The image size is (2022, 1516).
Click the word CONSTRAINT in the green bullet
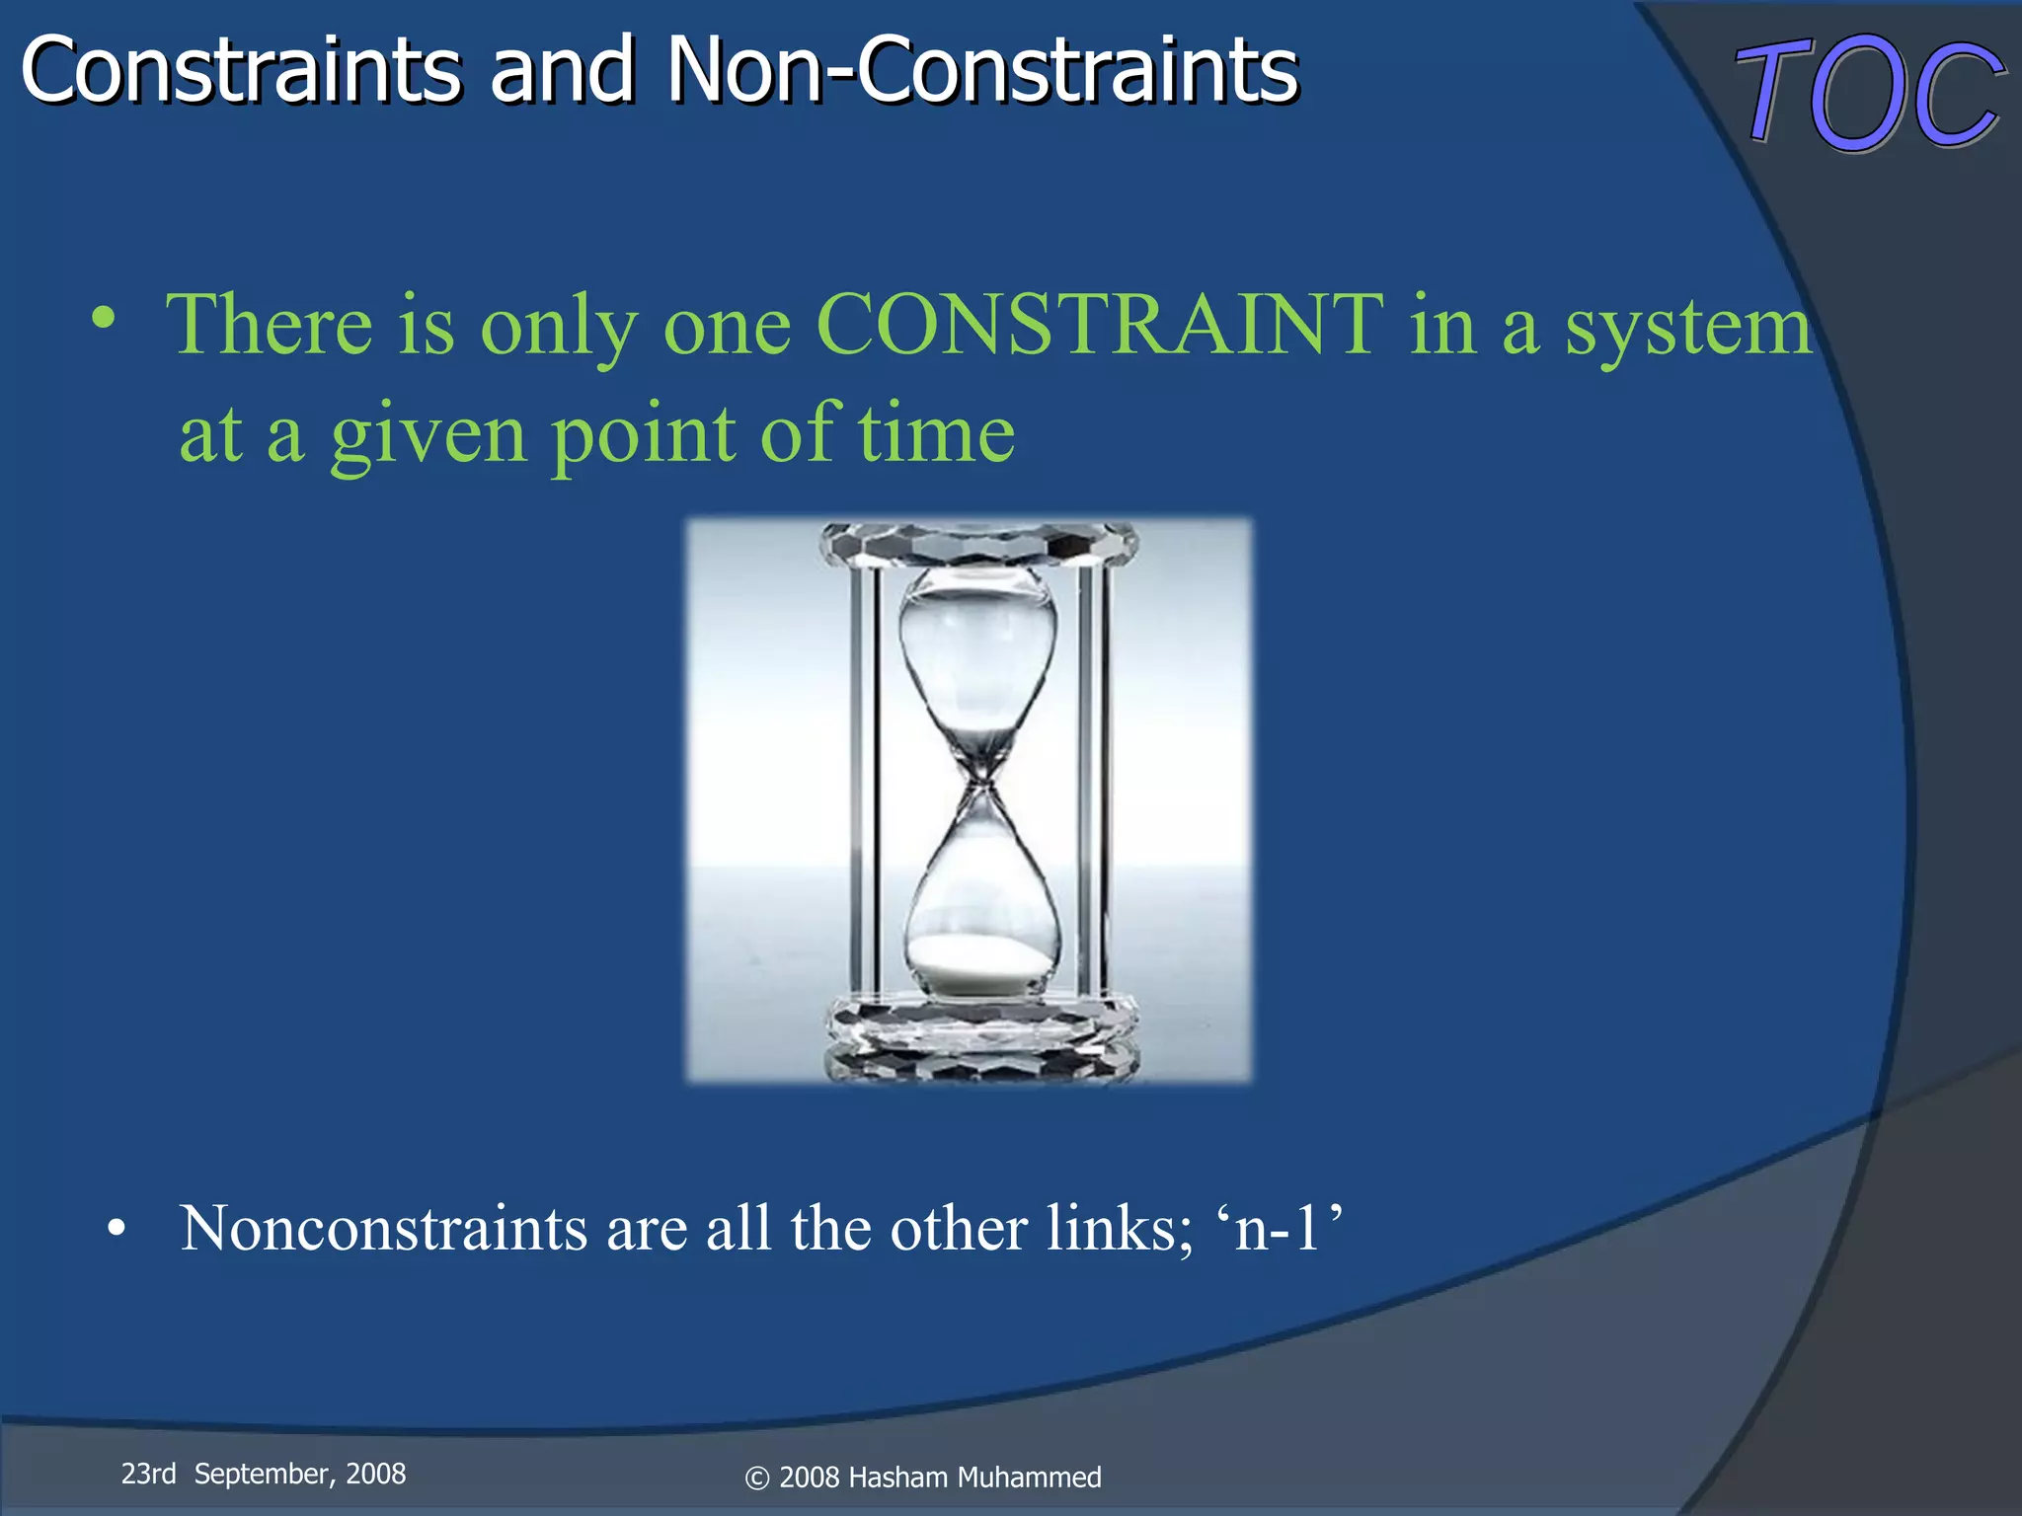(x=1099, y=325)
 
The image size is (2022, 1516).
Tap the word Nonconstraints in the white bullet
(x=384, y=1229)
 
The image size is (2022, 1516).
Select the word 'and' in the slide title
(x=563, y=71)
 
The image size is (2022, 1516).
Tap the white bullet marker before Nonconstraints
(x=117, y=1230)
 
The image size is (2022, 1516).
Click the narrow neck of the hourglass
(x=978, y=785)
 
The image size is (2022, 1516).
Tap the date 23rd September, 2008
(x=263, y=1475)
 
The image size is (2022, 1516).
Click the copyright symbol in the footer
(x=756, y=1478)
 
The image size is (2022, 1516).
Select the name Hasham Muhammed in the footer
(x=974, y=1478)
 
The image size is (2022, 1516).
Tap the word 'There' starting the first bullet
(x=269, y=325)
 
